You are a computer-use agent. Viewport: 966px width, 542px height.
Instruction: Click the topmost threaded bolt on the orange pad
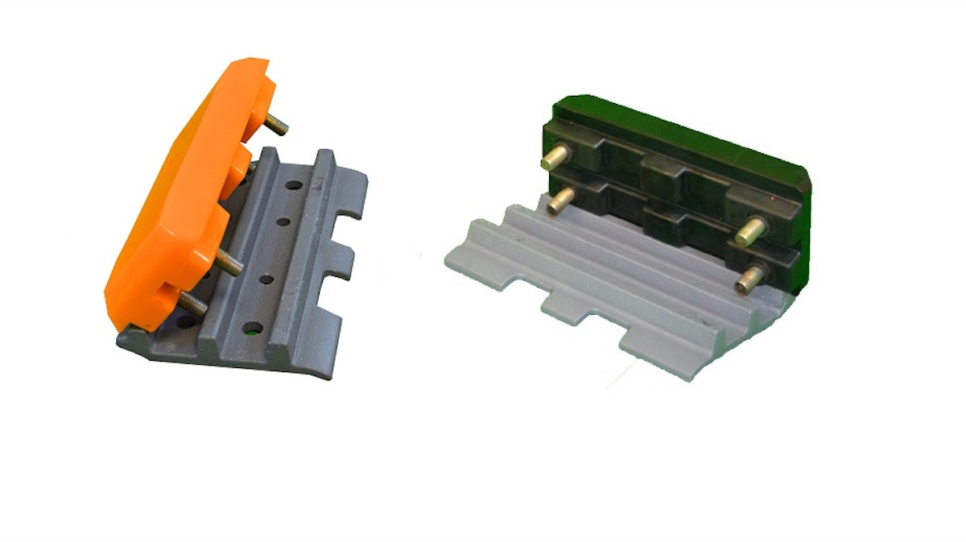click(x=276, y=124)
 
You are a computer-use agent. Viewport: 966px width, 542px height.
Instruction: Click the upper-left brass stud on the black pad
click(x=555, y=156)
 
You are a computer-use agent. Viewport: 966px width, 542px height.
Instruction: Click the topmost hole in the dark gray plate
click(x=294, y=186)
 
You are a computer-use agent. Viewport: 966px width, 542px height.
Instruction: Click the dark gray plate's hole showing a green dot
click(x=254, y=328)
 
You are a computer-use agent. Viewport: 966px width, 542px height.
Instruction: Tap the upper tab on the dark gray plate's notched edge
click(x=352, y=193)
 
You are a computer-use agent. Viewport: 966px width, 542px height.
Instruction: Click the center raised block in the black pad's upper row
click(x=662, y=172)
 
